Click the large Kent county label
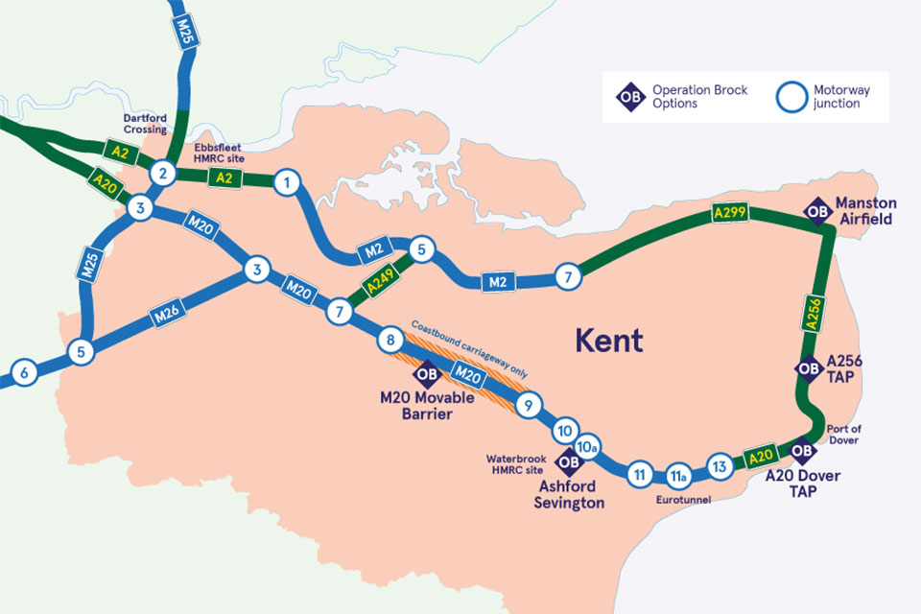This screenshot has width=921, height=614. [608, 340]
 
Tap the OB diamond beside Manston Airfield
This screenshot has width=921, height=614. [817, 211]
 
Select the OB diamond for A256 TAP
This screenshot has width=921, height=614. [808, 368]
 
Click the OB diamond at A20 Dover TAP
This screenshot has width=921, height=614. [802, 451]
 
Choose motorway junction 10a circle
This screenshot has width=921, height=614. [588, 448]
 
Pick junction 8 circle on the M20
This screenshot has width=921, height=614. [390, 340]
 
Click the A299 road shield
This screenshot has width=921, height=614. [732, 212]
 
